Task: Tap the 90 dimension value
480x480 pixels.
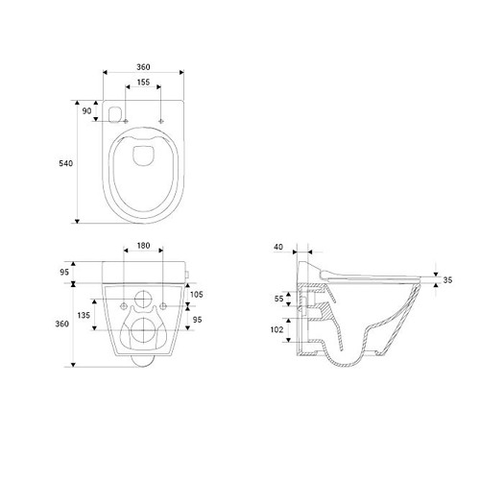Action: click(87, 112)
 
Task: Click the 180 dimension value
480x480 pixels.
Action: click(143, 246)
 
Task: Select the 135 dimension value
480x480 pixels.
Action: click(84, 314)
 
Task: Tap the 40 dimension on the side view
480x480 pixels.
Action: click(277, 247)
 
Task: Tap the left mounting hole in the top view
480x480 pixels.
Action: click(125, 120)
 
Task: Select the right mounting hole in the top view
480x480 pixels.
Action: click(160, 120)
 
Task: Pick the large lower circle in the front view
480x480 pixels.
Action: click(143, 335)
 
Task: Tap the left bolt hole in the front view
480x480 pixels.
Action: click(124, 305)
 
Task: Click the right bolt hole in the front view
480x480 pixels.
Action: click(162, 305)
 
